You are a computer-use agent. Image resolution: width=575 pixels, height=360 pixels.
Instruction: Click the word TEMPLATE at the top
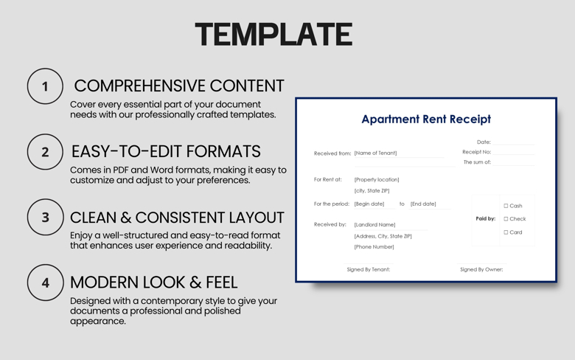point(273,35)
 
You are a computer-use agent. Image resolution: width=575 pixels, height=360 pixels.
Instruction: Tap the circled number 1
point(45,86)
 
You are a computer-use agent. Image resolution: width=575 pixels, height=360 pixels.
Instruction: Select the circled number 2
point(45,152)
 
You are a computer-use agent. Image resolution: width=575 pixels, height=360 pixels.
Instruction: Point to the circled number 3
point(45,218)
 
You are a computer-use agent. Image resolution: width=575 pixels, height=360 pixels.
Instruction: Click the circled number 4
point(45,283)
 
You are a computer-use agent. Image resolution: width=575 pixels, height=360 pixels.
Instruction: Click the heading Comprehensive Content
point(178,86)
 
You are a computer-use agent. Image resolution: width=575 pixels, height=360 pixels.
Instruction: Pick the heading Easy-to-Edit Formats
point(166,151)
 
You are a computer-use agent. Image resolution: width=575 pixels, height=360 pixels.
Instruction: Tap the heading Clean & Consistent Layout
point(177,218)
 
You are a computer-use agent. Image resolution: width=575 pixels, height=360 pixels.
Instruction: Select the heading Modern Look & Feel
point(153,282)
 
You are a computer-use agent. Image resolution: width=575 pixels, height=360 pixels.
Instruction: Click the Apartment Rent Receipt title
point(425,119)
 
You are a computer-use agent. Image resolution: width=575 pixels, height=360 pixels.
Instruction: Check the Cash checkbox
point(506,206)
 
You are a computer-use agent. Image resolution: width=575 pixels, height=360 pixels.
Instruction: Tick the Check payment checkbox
point(506,219)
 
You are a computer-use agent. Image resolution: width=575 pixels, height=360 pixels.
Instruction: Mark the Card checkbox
point(506,232)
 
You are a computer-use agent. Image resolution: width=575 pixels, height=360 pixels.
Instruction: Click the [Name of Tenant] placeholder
point(375,153)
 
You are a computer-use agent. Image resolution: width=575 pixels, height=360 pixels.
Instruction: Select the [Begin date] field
point(369,204)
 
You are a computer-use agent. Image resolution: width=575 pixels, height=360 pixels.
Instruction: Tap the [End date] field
point(423,204)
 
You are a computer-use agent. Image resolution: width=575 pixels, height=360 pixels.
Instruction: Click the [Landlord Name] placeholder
point(374,224)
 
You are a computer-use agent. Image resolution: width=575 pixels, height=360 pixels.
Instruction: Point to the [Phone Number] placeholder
point(374,247)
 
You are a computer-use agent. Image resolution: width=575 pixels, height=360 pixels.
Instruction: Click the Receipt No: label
point(476,152)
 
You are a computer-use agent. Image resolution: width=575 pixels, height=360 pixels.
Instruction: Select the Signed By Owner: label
point(481,269)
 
